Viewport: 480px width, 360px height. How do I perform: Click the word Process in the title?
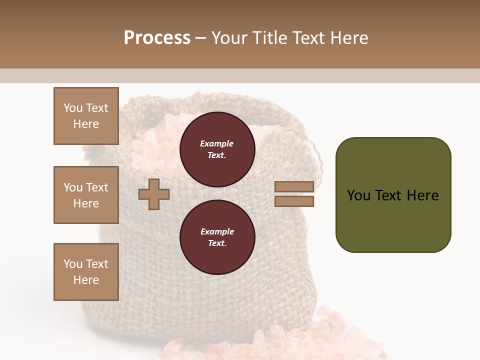[157, 38]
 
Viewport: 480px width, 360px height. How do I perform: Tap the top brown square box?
[86, 116]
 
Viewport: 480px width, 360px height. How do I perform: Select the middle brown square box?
[86, 195]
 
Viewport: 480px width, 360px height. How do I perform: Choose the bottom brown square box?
[86, 272]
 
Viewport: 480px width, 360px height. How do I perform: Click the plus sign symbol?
[154, 194]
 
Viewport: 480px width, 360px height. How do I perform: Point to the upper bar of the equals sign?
[294, 186]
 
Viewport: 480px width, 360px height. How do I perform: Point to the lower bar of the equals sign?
[294, 201]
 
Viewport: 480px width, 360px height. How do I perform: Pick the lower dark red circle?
[217, 237]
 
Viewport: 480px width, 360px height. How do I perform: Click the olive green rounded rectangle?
[393, 195]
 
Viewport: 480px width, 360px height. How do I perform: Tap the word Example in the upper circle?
[217, 144]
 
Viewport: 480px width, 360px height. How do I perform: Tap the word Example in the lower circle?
[217, 232]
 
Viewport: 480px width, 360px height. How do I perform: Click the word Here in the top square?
[86, 124]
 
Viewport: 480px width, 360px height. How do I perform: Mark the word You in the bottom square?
[73, 264]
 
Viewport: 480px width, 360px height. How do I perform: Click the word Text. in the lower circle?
[217, 243]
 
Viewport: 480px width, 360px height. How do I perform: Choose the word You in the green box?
[358, 195]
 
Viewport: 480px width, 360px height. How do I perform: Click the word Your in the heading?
[230, 38]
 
